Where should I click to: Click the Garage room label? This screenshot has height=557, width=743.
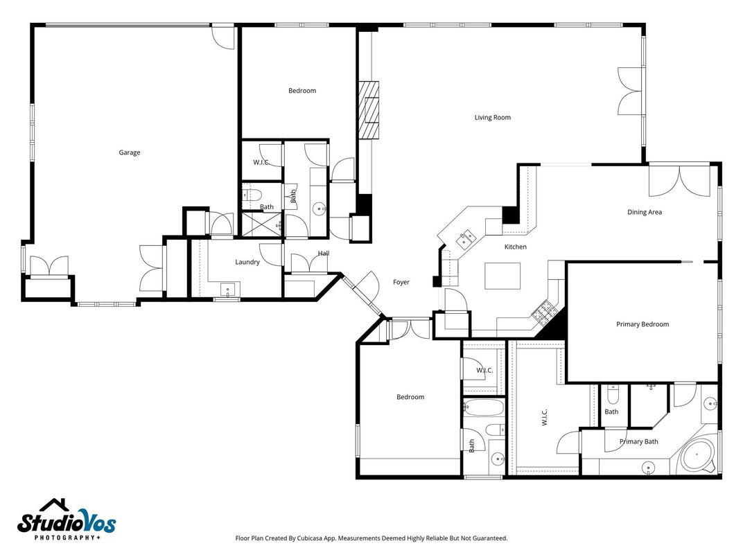pyautogui.click(x=130, y=152)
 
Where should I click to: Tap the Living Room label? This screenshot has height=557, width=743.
pyautogui.click(x=492, y=118)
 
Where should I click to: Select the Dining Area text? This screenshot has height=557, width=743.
pyautogui.click(x=644, y=212)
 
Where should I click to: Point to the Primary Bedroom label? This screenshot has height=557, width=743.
pyautogui.click(x=643, y=324)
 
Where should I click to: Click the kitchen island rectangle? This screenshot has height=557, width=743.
pyautogui.click(x=502, y=276)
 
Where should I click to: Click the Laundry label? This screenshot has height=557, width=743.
pyautogui.click(x=247, y=262)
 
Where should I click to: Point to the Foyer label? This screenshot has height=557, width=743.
pyautogui.click(x=401, y=282)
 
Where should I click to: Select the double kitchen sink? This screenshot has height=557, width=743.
pyautogui.click(x=466, y=238)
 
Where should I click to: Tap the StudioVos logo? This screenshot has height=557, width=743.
pyautogui.click(x=67, y=520)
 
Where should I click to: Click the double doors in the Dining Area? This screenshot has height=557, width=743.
pyautogui.click(x=679, y=181)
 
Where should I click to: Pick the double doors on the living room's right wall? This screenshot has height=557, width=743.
pyautogui.click(x=631, y=91)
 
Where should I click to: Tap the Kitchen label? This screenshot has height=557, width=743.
pyautogui.click(x=515, y=247)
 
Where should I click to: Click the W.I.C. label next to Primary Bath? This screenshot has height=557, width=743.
pyautogui.click(x=543, y=417)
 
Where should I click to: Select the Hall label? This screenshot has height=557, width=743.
pyautogui.click(x=323, y=254)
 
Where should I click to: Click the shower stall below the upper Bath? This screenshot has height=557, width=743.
pyautogui.click(x=261, y=224)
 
